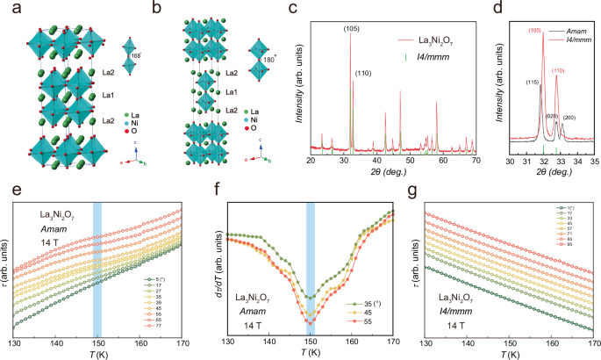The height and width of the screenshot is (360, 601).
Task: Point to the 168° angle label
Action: [x=134, y=56]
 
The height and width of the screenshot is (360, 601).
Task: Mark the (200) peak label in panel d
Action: [x=569, y=116]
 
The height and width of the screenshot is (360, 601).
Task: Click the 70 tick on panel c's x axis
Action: [x=475, y=162]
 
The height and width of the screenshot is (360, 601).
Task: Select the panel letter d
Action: [x=504, y=9]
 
